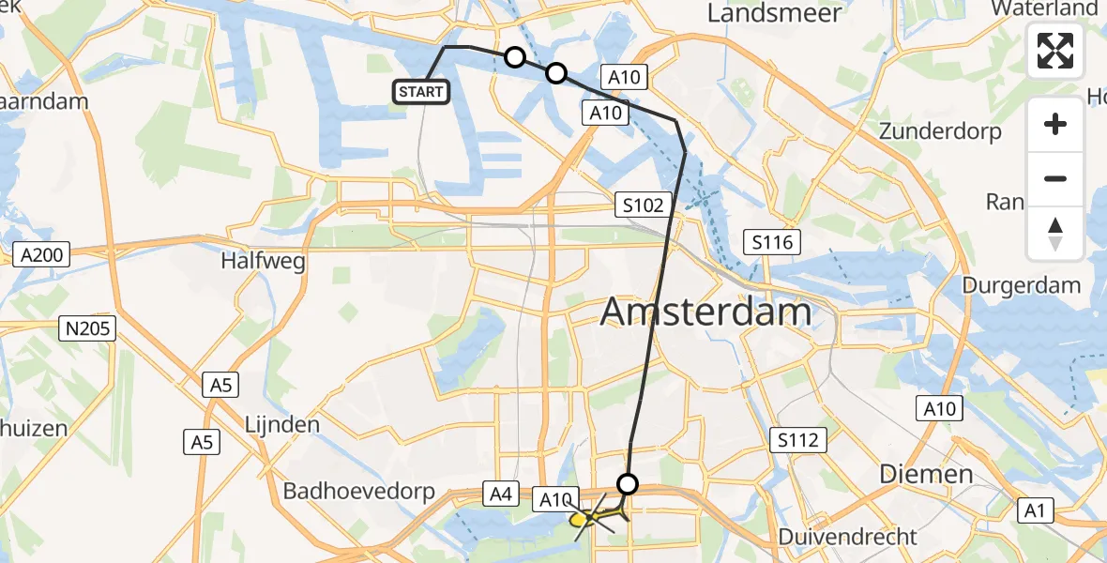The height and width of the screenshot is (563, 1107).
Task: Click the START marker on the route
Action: (x=422, y=91)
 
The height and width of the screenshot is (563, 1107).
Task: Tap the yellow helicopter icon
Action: (x=590, y=517)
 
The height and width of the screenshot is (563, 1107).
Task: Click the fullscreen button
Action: (x=1055, y=51)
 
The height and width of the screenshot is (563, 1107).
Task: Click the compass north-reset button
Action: (x=1055, y=234)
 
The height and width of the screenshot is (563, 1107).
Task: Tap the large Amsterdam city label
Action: (x=706, y=312)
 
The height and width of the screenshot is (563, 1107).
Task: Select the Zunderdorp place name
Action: (x=940, y=130)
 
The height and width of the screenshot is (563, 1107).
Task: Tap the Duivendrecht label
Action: (x=847, y=537)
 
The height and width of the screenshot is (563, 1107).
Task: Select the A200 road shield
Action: (x=42, y=253)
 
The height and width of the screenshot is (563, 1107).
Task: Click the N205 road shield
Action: (x=86, y=328)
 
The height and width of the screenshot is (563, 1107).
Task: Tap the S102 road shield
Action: (x=644, y=205)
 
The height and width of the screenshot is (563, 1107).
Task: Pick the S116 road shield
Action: (x=772, y=243)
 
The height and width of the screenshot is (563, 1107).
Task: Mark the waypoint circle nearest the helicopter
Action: (x=628, y=484)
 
